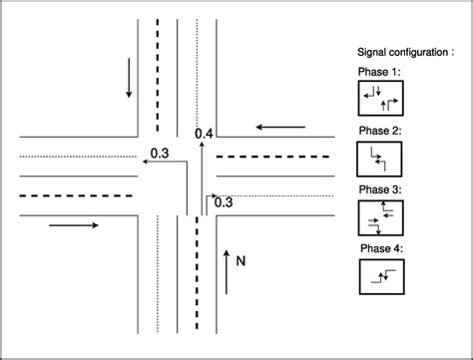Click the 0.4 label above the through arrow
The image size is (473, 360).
point(205,132)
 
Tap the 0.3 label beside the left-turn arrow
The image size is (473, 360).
point(159,153)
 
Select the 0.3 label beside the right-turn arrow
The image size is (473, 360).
point(224,201)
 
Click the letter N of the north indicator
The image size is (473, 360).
point(241,260)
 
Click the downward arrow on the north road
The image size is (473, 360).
point(129,79)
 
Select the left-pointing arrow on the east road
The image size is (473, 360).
point(282,127)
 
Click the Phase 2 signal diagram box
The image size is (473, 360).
point(379,159)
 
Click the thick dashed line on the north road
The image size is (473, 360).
point(158,70)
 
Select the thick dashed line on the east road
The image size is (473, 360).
point(273,157)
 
